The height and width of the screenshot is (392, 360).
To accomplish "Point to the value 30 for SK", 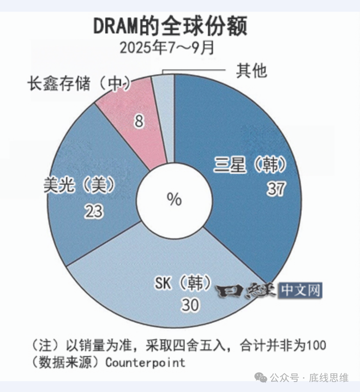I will point(190,305).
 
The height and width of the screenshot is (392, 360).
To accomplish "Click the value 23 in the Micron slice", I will point(94,211).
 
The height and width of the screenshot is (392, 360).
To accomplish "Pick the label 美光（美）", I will point(80,185).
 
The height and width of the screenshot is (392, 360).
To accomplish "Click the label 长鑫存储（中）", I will point(80,85).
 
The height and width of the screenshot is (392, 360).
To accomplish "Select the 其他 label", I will point(251,70).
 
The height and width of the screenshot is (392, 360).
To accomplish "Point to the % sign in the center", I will point(174,200).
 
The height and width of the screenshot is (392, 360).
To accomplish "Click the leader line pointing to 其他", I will point(196,70).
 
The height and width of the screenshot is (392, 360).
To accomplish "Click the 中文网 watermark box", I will point(299,291).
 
